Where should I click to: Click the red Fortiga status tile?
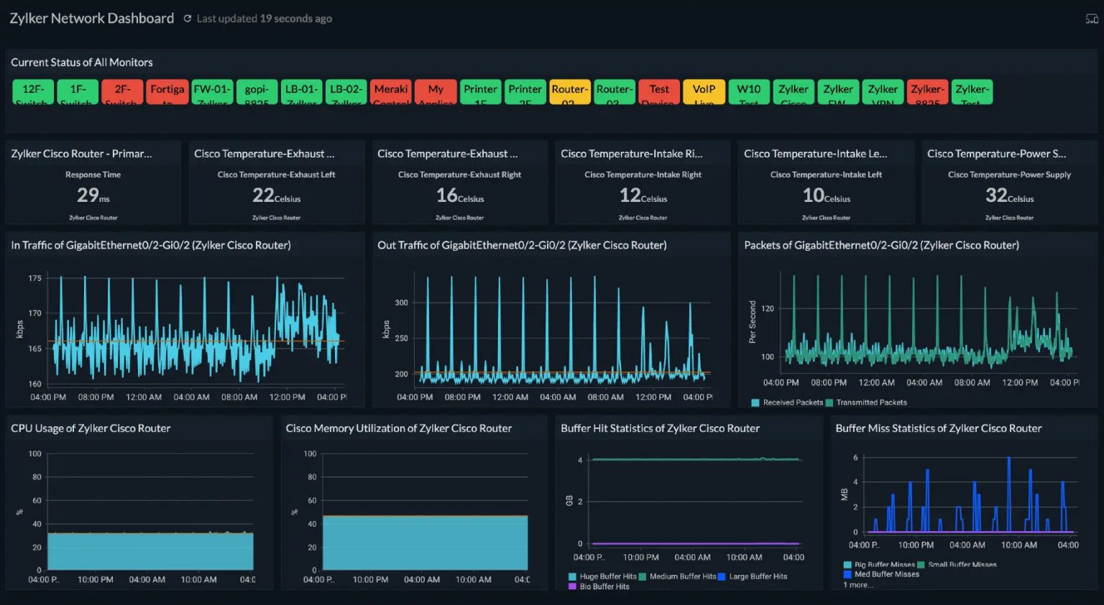tap(167, 91)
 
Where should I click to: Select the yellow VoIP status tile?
tap(704, 91)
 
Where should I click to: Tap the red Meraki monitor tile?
tap(391, 91)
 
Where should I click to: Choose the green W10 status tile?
tap(748, 91)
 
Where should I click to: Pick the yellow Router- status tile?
tap(569, 91)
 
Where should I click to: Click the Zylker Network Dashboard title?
tap(92, 19)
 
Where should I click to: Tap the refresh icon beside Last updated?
tap(188, 19)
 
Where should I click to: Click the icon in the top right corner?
tap(1091, 19)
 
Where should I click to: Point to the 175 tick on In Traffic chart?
tap(34, 278)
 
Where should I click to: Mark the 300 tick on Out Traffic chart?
tap(401, 302)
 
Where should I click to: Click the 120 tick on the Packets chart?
tap(768, 309)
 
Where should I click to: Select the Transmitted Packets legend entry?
tap(870, 402)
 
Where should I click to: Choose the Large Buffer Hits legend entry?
tap(758, 576)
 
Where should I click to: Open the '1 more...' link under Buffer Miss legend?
tap(858, 585)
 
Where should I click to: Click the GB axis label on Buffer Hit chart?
tap(569, 501)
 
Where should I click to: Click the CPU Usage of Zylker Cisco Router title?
tap(91, 428)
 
